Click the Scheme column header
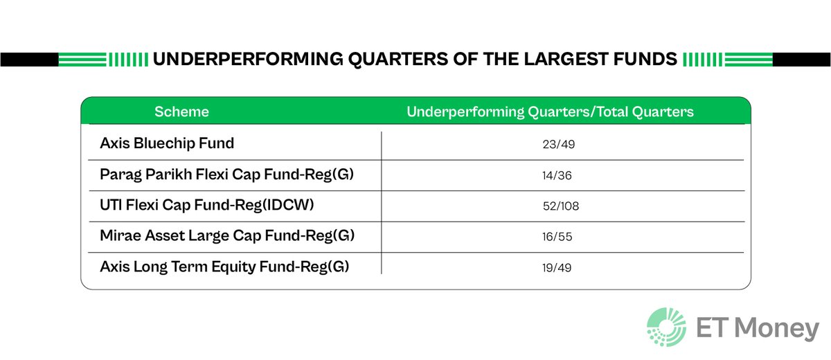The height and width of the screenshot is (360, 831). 181,111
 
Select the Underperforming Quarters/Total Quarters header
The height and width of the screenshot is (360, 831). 550,111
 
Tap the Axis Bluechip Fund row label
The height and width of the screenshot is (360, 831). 167,143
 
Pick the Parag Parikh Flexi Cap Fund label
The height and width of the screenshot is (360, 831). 226,174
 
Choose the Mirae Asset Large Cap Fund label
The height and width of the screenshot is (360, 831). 227,235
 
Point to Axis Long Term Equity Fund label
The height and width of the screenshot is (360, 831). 224,266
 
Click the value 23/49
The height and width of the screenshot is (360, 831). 559,145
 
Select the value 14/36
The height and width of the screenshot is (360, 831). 557,176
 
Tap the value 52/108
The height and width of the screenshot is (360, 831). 560,206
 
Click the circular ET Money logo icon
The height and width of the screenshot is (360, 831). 666,327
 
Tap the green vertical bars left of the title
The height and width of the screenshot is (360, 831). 128,60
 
